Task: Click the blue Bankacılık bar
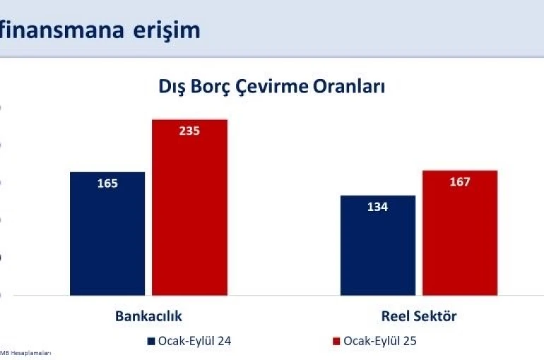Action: [107, 233]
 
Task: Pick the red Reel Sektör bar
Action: [460, 232]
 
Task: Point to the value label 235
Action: [189, 131]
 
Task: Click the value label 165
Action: [107, 184]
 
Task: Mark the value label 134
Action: [378, 207]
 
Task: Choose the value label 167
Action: [460, 181]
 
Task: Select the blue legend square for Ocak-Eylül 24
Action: [151, 341]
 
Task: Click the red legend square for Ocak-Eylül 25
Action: [336, 341]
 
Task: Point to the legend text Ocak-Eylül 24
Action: [194, 341]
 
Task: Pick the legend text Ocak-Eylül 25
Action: [379, 341]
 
